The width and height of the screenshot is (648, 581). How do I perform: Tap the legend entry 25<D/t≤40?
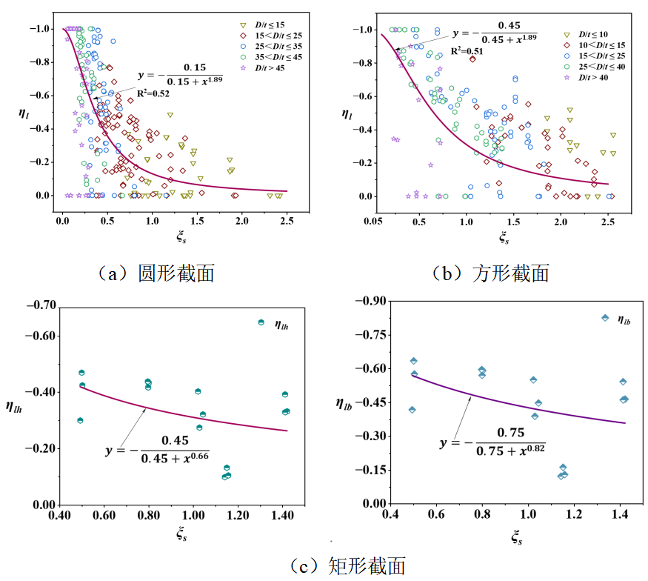pos(595,67)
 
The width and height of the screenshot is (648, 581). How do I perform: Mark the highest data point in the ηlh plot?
pos(261,322)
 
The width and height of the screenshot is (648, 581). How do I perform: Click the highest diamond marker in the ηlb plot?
pos(605,318)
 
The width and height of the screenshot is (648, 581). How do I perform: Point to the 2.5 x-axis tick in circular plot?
pos(288,220)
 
